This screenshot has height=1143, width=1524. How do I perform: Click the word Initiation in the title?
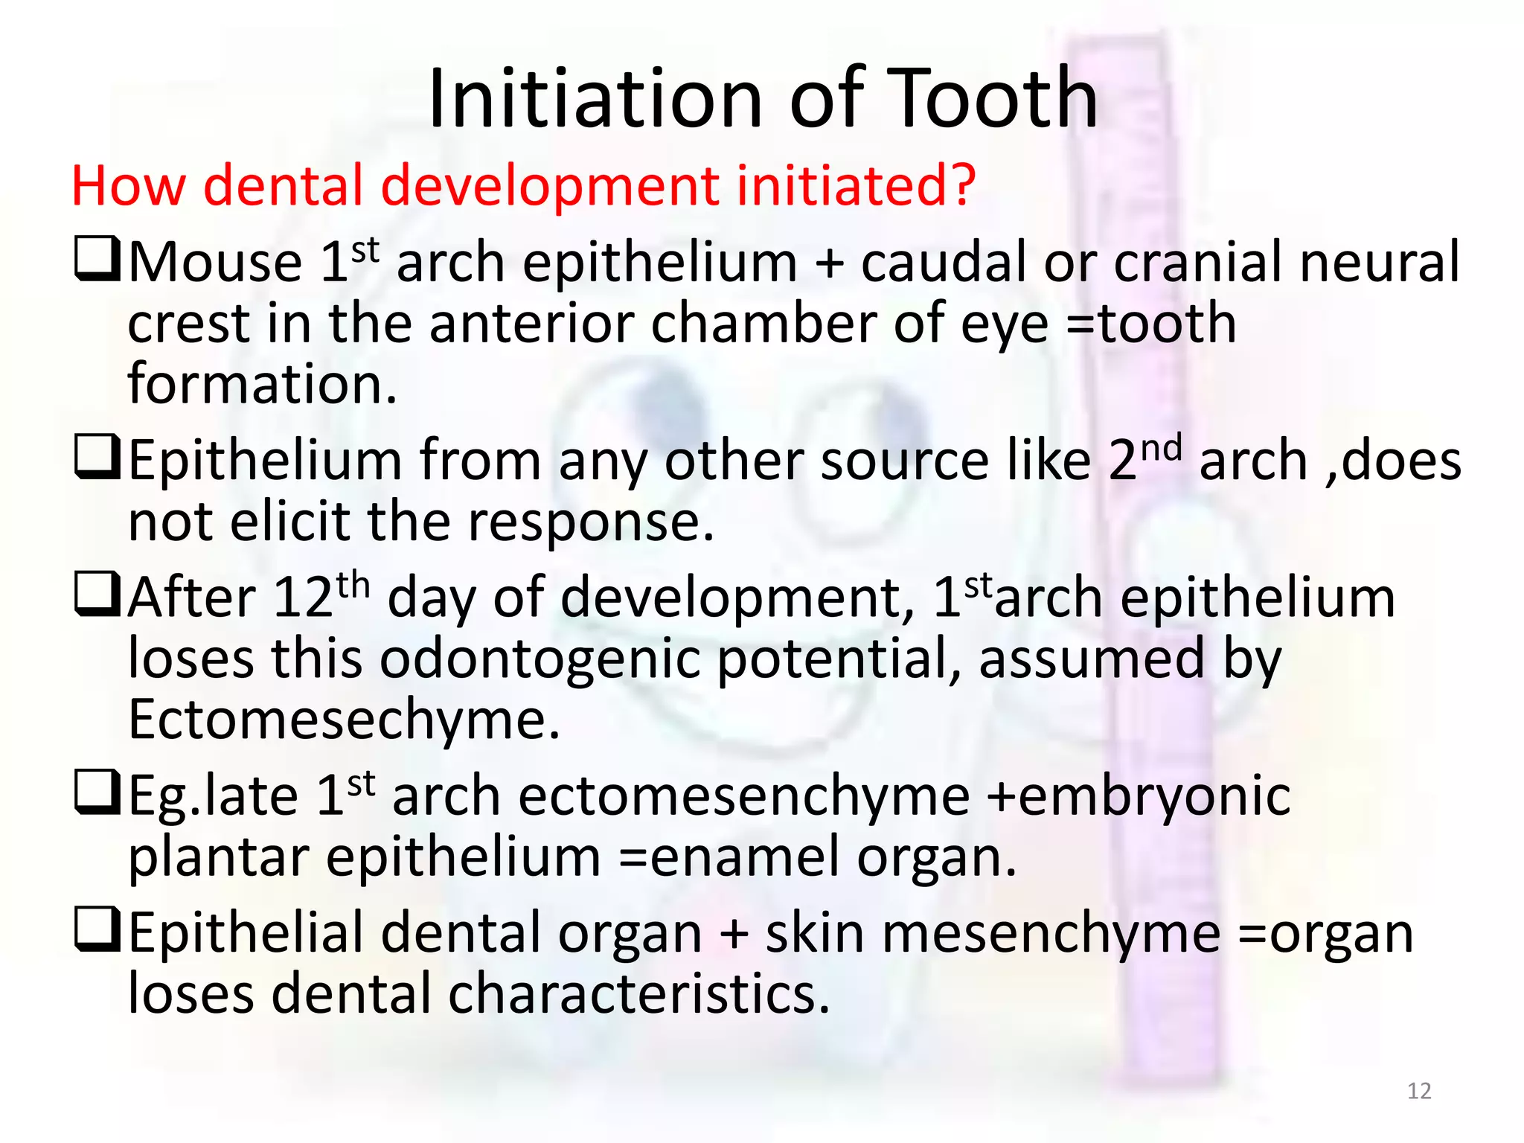[x=595, y=98]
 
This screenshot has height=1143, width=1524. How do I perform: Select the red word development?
[x=551, y=186]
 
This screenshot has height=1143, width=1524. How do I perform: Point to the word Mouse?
[x=216, y=262]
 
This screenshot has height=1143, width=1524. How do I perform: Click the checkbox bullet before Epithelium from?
[x=97, y=457]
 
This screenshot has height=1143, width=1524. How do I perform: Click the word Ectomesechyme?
[x=344, y=720]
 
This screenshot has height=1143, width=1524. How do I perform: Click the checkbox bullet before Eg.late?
[x=97, y=793]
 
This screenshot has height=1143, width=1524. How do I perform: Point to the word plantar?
[x=219, y=858]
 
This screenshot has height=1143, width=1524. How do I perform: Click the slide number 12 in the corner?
[x=1419, y=1091]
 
